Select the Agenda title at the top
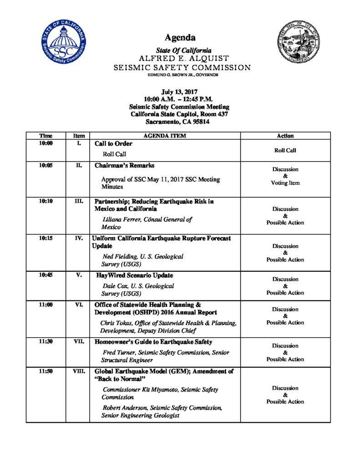point(180,37)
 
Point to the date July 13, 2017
point(180,91)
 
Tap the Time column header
point(46,136)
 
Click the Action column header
point(285,136)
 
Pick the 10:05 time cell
point(46,166)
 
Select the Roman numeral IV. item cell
point(78,238)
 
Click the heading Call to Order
point(113,144)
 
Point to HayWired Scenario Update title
point(134,276)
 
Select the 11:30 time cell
point(46,342)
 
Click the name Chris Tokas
point(117,323)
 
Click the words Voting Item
point(285,183)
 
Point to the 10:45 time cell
point(46,275)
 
